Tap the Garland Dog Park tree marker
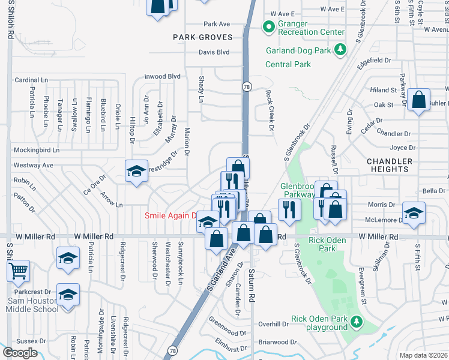click(x=340, y=49)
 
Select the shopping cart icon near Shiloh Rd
click(x=18, y=271)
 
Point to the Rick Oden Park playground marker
click(x=357, y=323)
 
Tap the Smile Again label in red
click(x=172, y=215)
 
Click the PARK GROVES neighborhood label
click(x=202, y=37)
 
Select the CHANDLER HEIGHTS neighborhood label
click(x=390, y=165)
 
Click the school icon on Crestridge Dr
click(x=136, y=171)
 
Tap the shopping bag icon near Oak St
click(x=420, y=100)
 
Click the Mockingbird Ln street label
click(x=37, y=150)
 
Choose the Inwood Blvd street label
click(x=163, y=76)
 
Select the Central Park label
click(x=288, y=64)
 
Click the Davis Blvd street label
click(x=214, y=52)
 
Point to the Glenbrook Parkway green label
click(x=298, y=190)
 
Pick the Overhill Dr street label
click(x=273, y=323)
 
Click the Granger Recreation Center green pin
click(x=268, y=28)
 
